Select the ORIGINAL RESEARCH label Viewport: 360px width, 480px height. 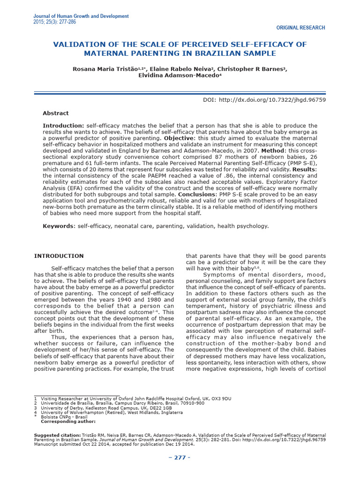pyautogui.click(x=301, y=28)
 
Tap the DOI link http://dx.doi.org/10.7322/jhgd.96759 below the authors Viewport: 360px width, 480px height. pyautogui.click(x=277, y=100)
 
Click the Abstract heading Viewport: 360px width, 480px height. pyautogui.click(x=55, y=113)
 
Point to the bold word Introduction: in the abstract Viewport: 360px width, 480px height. pyautogui.click(x=63, y=126)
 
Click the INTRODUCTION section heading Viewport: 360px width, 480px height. pyautogui.click(x=59, y=256)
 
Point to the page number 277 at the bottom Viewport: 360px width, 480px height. pyautogui.click(x=180, y=457)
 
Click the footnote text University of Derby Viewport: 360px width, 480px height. pyautogui.click(x=61, y=408)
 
